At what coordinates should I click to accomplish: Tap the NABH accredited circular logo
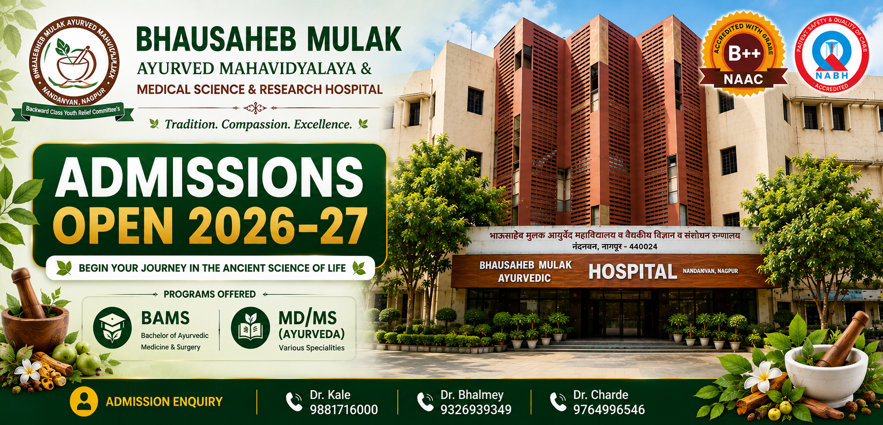(x=831, y=53)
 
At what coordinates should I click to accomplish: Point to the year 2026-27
(x=278, y=226)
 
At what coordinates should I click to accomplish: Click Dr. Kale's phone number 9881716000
(x=344, y=409)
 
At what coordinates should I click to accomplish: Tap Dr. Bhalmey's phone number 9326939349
(x=476, y=409)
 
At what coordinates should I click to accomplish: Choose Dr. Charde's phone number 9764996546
(x=609, y=409)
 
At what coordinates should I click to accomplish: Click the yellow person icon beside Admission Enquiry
(x=85, y=401)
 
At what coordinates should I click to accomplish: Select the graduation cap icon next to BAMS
(x=112, y=327)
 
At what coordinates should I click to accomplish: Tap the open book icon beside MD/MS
(x=251, y=328)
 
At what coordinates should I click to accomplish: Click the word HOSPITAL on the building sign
(x=633, y=272)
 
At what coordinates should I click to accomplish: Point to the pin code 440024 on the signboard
(x=643, y=247)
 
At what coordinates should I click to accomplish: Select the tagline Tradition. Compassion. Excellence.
(x=258, y=125)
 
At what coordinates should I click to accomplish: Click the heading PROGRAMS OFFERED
(x=210, y=294)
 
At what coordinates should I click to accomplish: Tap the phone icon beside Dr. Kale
(x=294, y=402)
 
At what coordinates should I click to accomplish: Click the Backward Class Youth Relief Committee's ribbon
(x=73, y=111)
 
